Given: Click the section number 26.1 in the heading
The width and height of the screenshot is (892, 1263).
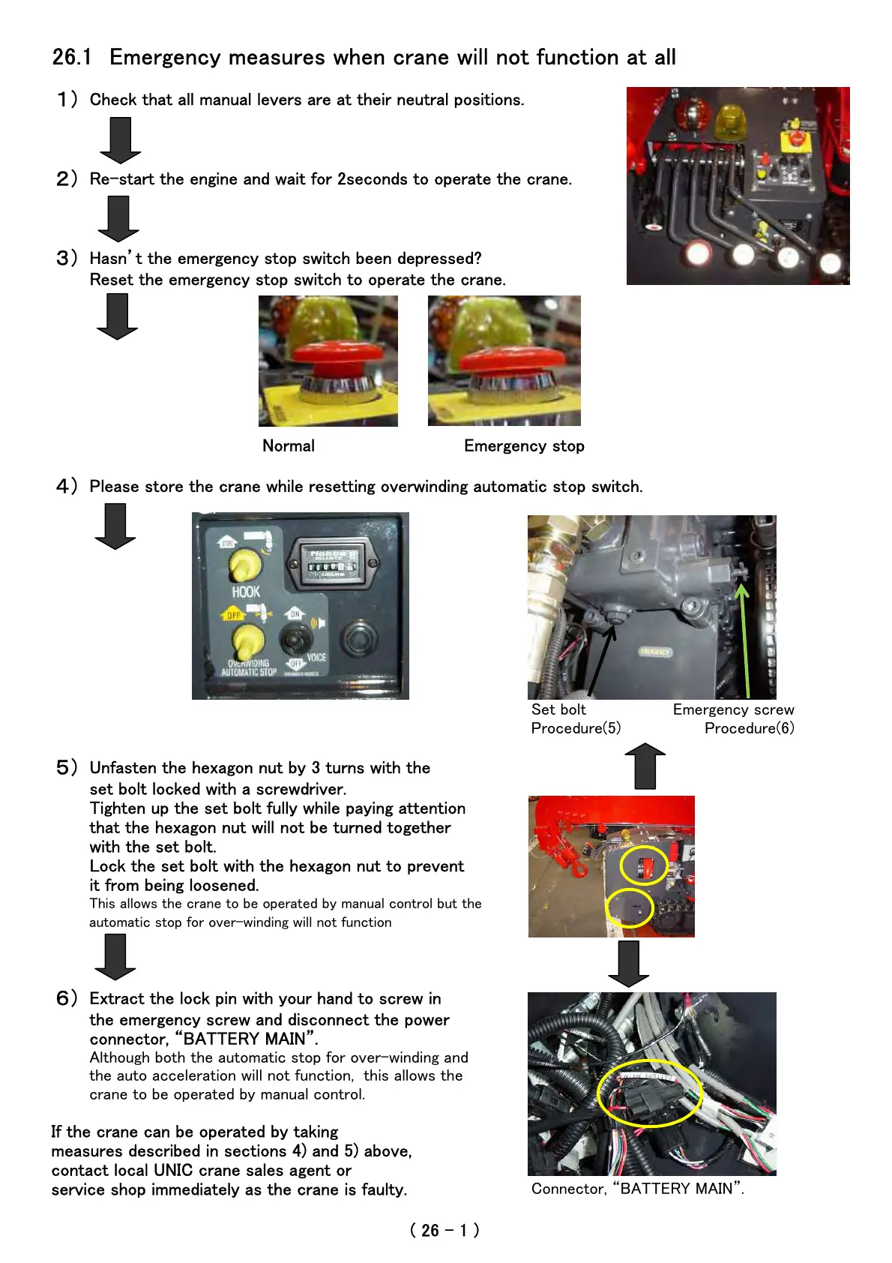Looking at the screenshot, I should click(72, 57).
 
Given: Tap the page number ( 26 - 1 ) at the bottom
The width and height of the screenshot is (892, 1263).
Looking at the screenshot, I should click(445, 1230).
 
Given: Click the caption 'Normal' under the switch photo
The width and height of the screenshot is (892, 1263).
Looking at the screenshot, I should click(289, 445).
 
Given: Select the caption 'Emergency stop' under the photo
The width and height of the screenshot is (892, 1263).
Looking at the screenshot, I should click(524, 445).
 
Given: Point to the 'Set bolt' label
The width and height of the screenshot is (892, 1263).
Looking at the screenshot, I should click(558, 709).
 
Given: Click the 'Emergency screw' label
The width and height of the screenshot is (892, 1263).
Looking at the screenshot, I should click(733, 709).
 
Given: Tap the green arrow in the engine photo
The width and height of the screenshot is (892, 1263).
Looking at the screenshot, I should click(744, 637).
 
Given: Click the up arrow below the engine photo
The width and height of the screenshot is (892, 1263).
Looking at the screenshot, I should click(645, 766).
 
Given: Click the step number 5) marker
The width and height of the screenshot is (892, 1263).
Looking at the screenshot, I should click(67, 767).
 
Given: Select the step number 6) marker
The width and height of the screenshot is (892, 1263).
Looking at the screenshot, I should click(67, 998).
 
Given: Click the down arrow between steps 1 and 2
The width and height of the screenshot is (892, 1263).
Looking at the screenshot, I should click(120, 140).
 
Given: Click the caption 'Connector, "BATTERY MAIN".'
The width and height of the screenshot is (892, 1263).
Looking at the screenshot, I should click(637, 1189).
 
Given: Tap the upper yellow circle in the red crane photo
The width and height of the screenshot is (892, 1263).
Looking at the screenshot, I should click(644, 865).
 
